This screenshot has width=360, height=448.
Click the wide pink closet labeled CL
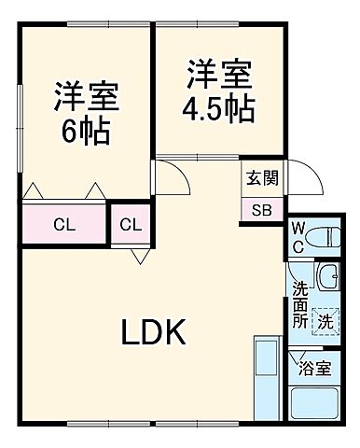pyautogui.click(x=64, y=224)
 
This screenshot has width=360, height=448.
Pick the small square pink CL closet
pyautogui.click(x=131, y=224)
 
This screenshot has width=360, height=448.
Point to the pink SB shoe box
pyautogui.click(x=260, y=209)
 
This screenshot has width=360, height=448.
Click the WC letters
pyautogui.click(x=297, y=235)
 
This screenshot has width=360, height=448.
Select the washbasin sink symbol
pyautogui.click(x=327, y=276)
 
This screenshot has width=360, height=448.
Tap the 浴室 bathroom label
pyautogui.click(x=314, y=368)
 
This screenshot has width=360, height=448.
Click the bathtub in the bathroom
pyautogui.click(x=314, y=404)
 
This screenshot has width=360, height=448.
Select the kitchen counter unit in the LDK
pyautogui.click(x=267, y=383)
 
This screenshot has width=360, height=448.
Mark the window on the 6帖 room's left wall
pyautogui.click(x=20, y=126)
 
